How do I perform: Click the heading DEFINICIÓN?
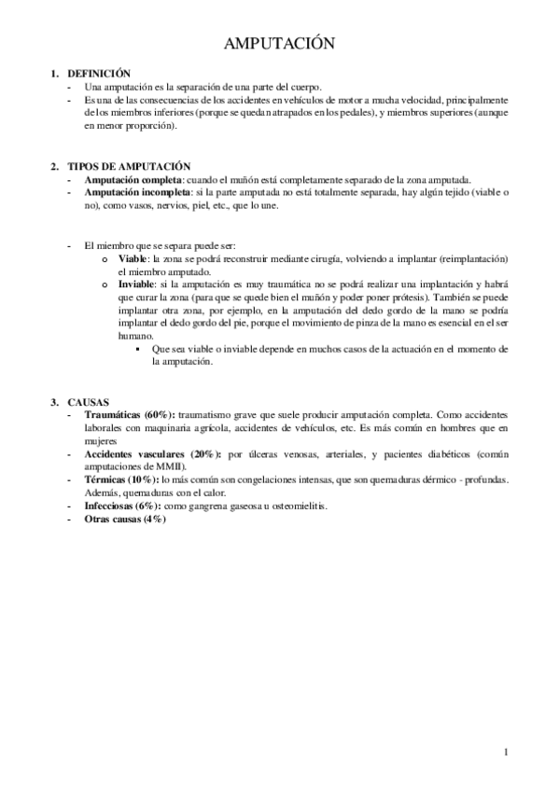click(x=99, y=73)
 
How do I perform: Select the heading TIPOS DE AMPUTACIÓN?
click(x=129, y=165)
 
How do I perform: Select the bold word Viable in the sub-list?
click(x=132, y=257)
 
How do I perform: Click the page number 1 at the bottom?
click(x=504, y=752)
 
